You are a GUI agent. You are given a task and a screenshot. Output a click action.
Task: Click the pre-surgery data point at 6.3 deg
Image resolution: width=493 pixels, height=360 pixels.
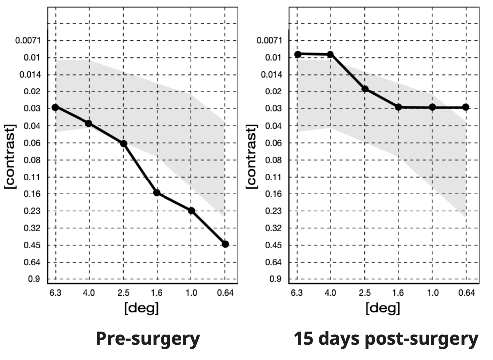pos(55,107)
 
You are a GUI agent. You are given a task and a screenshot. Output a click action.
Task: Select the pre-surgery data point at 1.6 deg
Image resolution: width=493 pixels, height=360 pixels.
pos(157,193)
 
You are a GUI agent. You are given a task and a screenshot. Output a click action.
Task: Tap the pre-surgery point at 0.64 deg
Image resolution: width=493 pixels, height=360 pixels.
pos(225,244)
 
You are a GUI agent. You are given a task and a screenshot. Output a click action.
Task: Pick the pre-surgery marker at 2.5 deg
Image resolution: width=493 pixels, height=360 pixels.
pos(124,144)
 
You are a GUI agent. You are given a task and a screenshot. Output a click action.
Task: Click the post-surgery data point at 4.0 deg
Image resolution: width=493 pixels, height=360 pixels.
pos(330,54)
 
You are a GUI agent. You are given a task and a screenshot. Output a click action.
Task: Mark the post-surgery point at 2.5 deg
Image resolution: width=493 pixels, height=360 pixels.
pos(365,89)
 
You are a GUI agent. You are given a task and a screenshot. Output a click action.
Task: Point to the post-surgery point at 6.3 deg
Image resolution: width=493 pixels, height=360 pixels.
pos(298,54)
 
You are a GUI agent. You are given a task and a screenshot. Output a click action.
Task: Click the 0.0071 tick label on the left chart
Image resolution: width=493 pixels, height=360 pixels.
pos(28,40)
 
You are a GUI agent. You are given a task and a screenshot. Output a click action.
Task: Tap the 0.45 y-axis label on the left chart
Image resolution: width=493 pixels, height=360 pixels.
pos(32,245)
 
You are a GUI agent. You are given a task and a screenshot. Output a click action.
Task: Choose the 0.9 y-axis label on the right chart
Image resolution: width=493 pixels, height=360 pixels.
pos(276,279)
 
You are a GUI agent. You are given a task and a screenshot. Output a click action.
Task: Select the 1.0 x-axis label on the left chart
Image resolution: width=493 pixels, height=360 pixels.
pos(191,293)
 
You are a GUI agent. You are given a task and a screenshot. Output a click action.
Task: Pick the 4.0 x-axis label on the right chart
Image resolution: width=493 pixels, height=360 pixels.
pos(330,293)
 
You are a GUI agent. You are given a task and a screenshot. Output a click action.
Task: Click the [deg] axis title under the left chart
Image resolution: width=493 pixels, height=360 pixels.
pos(142,308)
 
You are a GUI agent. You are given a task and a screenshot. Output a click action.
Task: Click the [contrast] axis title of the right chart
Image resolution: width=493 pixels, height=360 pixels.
pos(252,157)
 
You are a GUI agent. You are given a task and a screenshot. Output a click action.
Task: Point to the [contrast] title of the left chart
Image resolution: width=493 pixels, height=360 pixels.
pos(10,157)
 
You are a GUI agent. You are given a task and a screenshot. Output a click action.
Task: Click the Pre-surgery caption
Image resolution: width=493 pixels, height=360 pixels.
pos(148,339)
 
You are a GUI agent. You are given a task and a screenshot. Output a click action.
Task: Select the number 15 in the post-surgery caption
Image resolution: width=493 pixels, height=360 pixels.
pos(304,339)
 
